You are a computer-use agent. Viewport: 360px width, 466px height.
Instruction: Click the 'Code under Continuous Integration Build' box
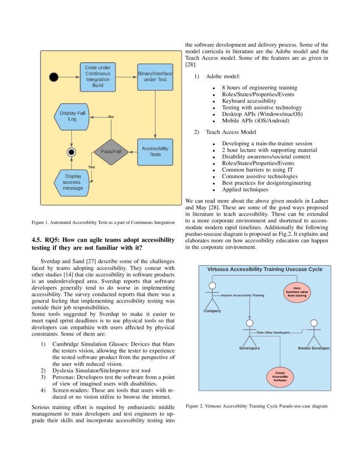(x=98, y=77)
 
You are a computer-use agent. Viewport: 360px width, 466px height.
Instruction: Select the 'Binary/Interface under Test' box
(x=155, y=77)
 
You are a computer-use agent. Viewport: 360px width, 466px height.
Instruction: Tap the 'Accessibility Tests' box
(x=155, y=152)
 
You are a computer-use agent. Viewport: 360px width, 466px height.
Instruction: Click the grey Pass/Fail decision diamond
(x=111, y=152)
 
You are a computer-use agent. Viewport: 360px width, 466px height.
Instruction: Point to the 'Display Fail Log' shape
(x=72, y=116)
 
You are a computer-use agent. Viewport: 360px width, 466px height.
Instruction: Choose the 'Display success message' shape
(x=72, y=182)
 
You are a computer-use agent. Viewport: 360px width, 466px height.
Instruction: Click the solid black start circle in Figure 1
(x=54, y=77)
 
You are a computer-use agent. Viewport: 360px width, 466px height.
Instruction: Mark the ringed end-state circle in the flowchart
(x=72, y=152)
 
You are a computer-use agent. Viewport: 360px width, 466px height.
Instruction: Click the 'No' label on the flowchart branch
(x=111, y=116)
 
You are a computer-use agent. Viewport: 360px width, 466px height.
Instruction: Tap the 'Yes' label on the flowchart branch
(x=91, y=167)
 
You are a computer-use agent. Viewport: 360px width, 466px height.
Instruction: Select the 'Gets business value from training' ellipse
(x=297, y=292)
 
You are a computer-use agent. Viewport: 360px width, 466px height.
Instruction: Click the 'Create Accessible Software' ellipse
(x=280, y=377)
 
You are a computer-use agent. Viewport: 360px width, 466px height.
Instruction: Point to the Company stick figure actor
(x=212, y=296)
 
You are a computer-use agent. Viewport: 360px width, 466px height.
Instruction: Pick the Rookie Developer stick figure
(x=313, y=333)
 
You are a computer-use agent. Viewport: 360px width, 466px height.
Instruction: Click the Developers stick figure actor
(x=250, y=333)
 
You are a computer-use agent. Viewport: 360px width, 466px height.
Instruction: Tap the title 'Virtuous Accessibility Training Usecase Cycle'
(x=265, y=269)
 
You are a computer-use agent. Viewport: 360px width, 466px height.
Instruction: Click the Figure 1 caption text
(x=103, y=222)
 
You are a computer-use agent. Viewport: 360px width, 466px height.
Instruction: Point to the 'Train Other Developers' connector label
(x=273, y=333)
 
